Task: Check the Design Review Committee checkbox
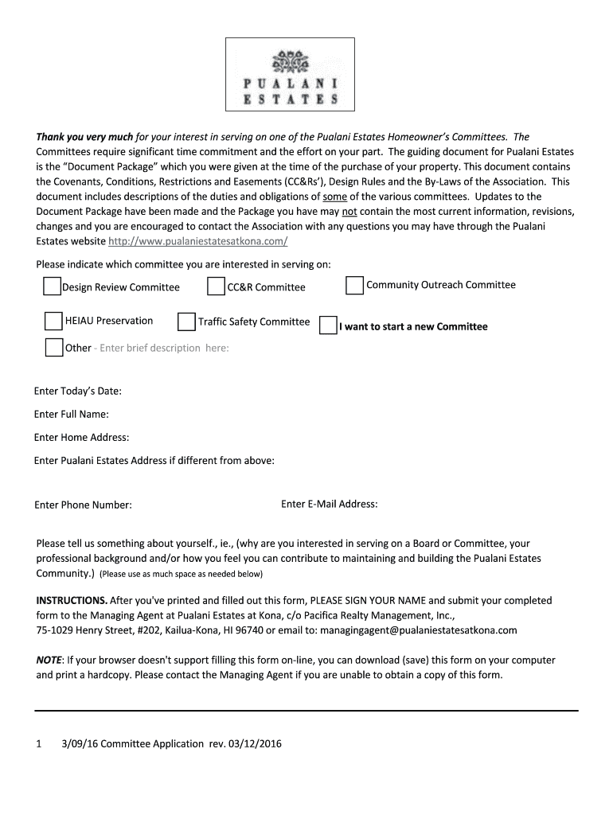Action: click(x=52, y=287)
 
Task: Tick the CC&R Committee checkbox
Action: click(x=216, y=287)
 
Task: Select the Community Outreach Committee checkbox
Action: click(x=355, y=285)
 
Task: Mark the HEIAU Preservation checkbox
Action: click(x=53, y=321)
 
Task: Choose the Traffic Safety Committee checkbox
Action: click(x=186, y=322)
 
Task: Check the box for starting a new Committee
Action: click(x=328, y=326)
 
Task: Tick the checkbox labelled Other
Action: click(x=54, y=347)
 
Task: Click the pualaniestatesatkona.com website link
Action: click(x=197, y=241)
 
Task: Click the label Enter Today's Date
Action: click(x=77, y=392)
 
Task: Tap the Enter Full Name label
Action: click(x=72, y=415)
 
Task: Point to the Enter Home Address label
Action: click(x=81, y=438)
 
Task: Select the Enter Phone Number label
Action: click(x=83, y=505)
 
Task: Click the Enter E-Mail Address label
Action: click(x=329, y=504)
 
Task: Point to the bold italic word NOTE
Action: click(x=49, y=660)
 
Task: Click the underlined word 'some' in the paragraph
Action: click(x=334, y=197)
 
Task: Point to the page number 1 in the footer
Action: click(x=38, y=744)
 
